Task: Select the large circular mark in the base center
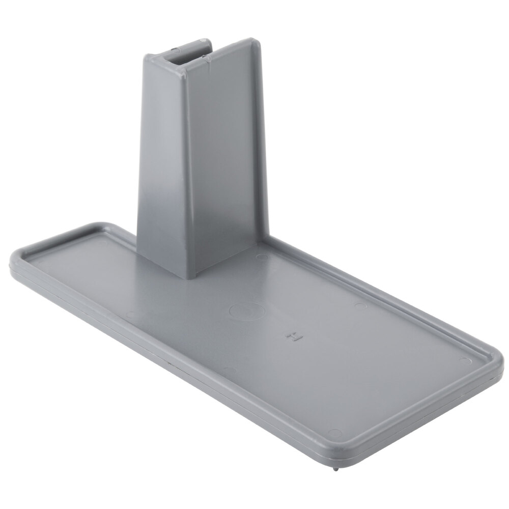(246, 310)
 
